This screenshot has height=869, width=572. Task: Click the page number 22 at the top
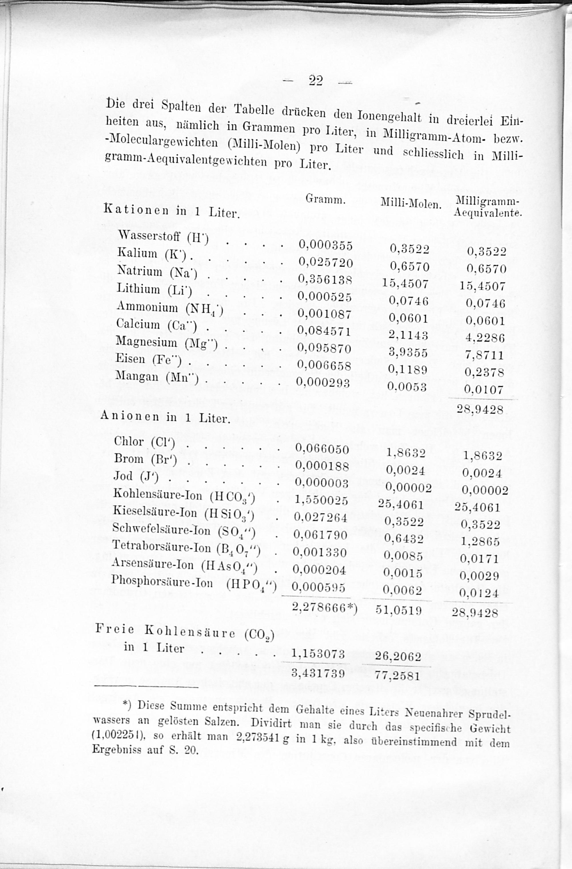pos(316,80)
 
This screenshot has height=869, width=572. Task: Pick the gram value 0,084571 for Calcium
pos(324,331)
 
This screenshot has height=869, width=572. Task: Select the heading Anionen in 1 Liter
pos(165,417)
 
